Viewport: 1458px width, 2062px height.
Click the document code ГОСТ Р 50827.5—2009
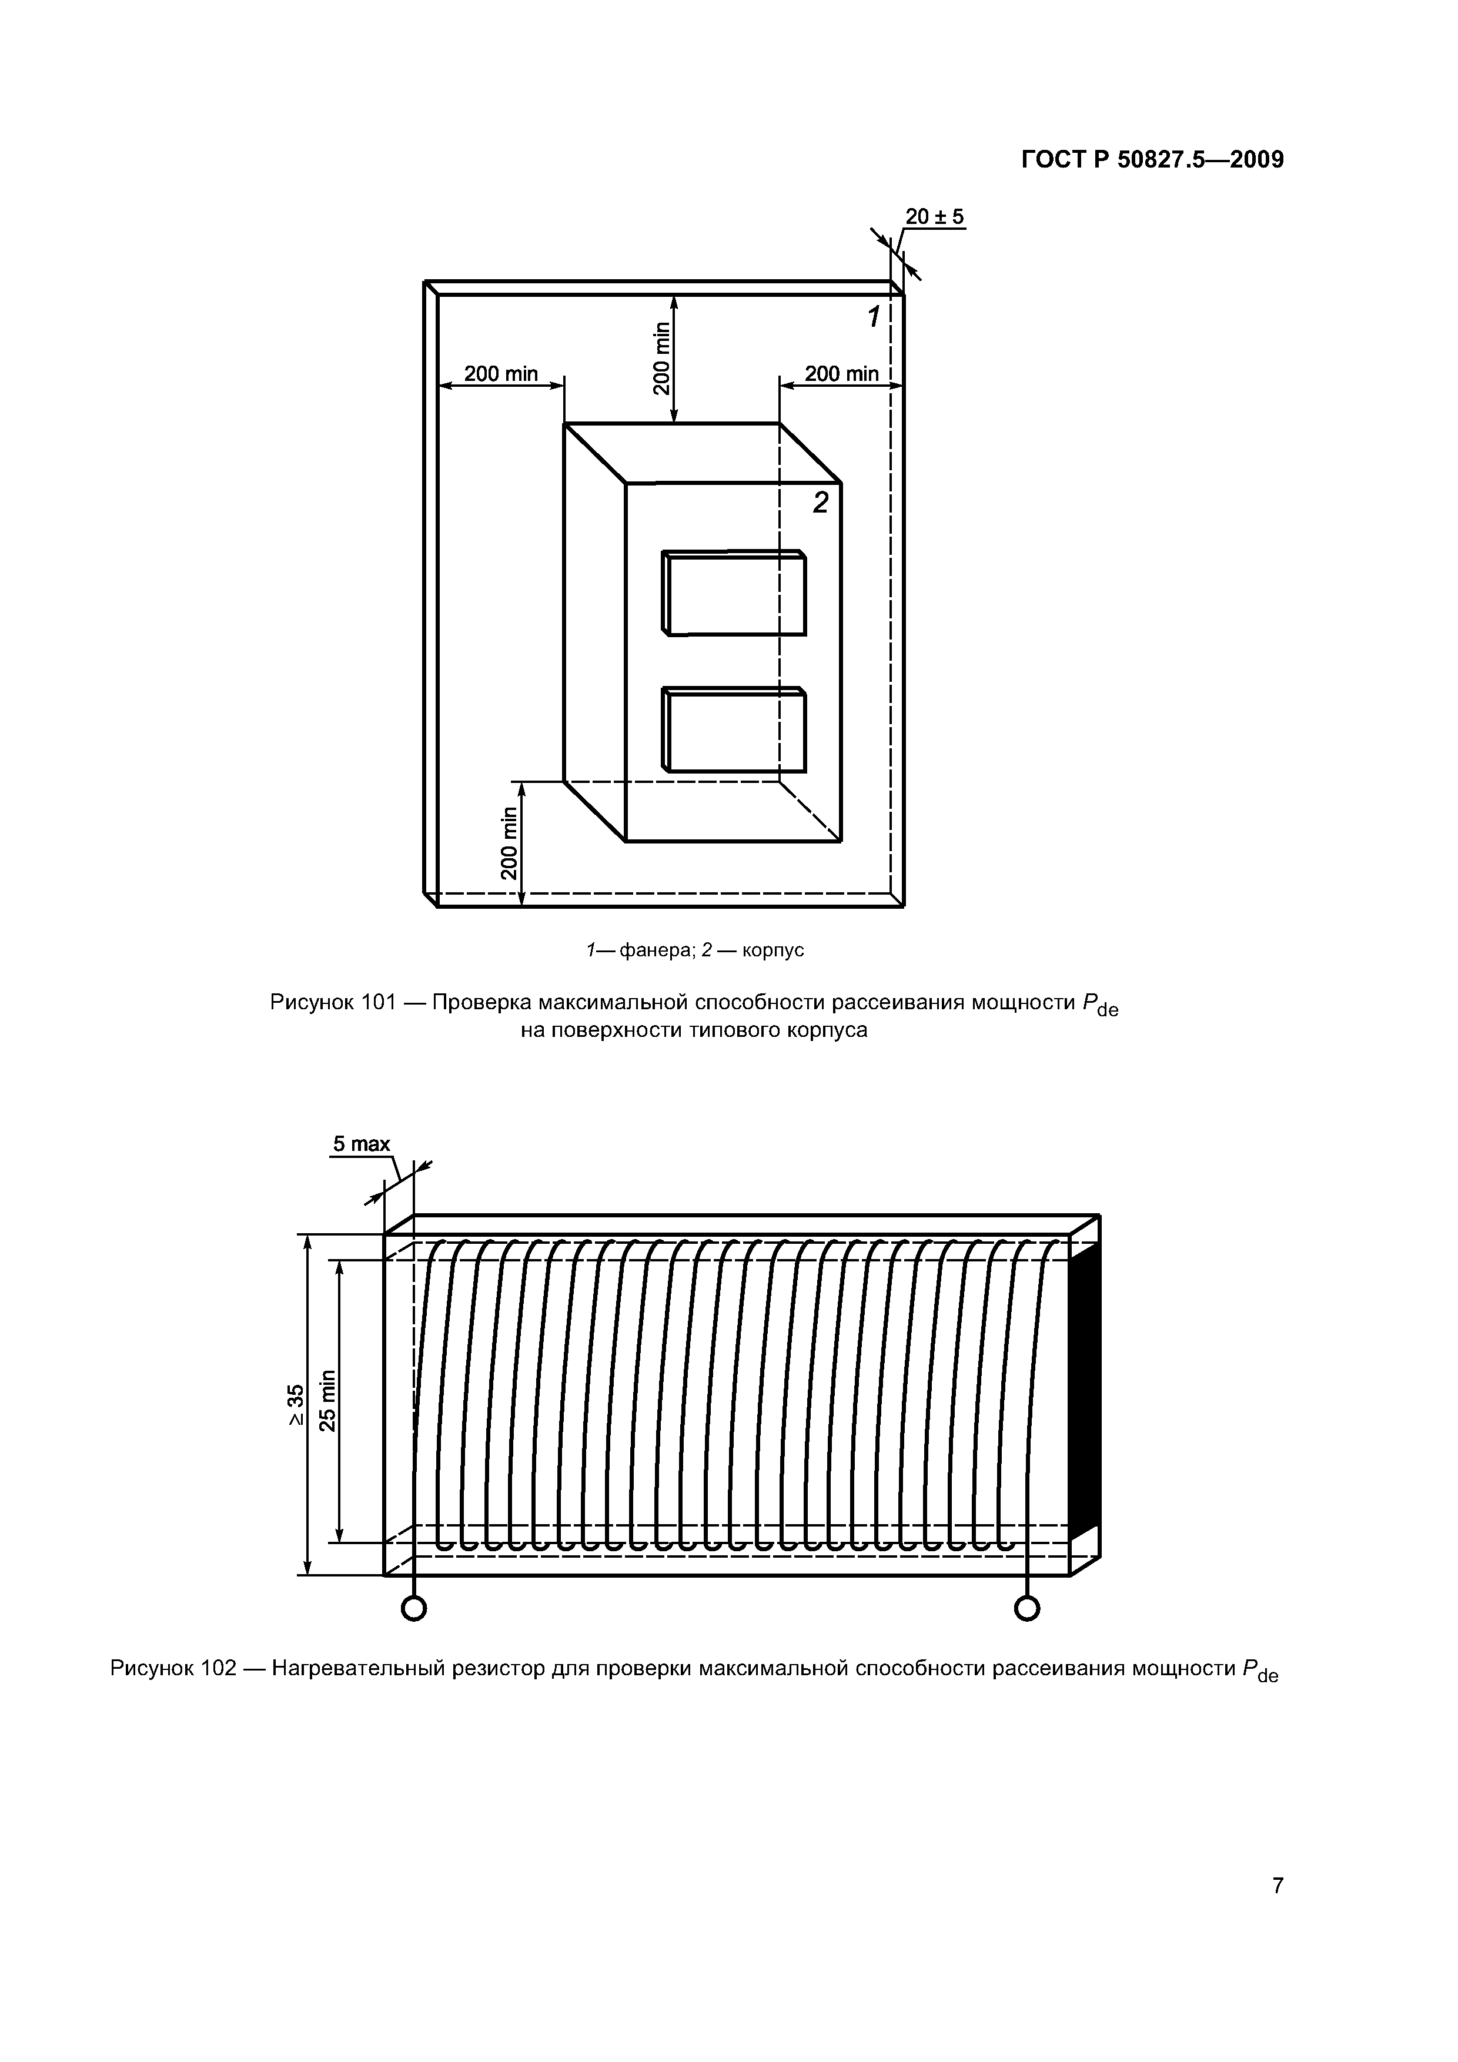click(1152, 160)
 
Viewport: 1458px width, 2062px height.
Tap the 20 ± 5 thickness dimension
click(934, 216)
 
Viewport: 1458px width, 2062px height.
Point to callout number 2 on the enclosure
click(820, 504)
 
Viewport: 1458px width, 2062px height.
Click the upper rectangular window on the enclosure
click(735, 594)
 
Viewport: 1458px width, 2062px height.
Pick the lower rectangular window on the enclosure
click(735, 730)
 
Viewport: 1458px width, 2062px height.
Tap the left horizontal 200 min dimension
click(500, 374)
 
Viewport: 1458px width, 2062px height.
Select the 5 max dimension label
click(361, 1144)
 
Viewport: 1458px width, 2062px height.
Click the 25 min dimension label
click(327, 1401)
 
